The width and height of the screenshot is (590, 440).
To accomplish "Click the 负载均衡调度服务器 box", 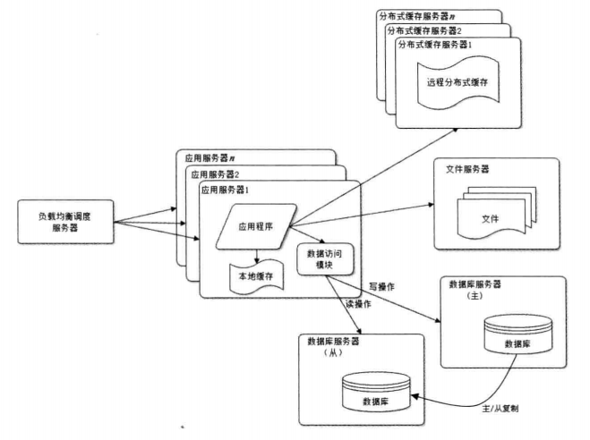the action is click(65, 222).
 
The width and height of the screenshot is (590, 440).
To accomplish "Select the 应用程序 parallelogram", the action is click(256, 226).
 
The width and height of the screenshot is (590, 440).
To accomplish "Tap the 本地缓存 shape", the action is click(256, 276).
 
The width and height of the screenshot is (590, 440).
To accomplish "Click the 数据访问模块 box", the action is click(325, 259).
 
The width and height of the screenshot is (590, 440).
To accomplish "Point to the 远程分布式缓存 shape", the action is click(457, 82).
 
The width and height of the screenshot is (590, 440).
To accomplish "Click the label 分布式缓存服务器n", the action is click(417, 16).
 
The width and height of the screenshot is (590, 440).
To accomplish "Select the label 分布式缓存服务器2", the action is click(424, 30).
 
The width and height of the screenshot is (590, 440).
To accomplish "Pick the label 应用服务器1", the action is click(225, 190).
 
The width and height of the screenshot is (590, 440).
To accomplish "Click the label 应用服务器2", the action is click(215, 174).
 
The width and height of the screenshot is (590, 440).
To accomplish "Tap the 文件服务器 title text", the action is click(467, 169).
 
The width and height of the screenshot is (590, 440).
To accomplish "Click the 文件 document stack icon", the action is click(496, 213).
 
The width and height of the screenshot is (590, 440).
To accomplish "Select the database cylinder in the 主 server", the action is click(518, 334).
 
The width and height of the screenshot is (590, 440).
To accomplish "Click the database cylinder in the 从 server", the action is click(376, 392).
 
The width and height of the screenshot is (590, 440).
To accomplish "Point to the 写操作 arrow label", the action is click(381, 287).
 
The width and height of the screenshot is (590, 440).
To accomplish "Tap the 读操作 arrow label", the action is click(358, 304).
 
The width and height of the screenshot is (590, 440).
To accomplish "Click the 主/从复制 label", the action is click(500, 409).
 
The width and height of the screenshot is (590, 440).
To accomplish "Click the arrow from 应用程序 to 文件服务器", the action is click(361, 216).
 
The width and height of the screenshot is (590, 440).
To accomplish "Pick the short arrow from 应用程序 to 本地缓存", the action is click(257, 256).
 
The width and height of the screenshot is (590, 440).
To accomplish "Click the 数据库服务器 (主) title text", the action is click(475, 290).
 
